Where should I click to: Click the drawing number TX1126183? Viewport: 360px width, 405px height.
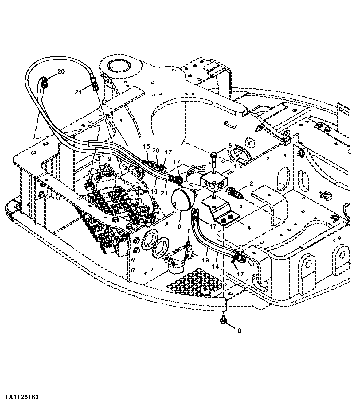pos(22,397)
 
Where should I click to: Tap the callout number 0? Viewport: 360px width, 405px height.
pos(180,226)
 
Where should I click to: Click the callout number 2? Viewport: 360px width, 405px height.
pos(251,184)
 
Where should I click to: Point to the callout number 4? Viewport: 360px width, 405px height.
pos(248,227)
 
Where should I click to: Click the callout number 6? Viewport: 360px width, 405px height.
pos(239,330)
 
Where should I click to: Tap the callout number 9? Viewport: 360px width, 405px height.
pos(109,159)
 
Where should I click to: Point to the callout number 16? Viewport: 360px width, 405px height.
pos(154,191)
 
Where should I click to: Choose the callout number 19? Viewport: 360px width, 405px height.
pos(205,260)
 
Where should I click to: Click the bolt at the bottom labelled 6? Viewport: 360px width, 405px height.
pos(223,320)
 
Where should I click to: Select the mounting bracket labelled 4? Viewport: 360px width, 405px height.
pos(221,212)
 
